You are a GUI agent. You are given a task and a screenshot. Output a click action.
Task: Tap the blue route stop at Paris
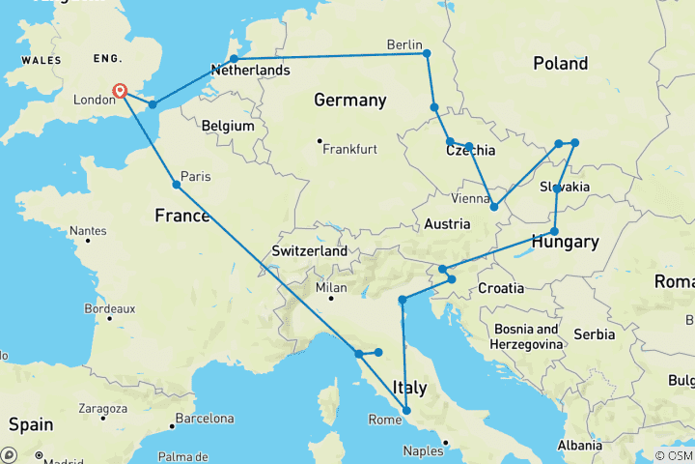pos(176,184)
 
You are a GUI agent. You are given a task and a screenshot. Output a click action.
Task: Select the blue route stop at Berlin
pos(427,53)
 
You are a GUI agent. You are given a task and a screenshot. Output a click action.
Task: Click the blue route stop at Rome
pos(406,411)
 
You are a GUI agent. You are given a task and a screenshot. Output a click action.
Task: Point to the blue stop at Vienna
pos(494,206)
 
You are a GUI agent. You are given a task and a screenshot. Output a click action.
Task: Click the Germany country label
pos(349,100)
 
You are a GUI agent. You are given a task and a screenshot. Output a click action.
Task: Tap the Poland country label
pos(560,64)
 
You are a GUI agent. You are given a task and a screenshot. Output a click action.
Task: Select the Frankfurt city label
pos(349,149)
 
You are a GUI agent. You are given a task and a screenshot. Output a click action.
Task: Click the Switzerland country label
pos(309,250)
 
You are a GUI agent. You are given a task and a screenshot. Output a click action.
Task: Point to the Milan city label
pos(331,288)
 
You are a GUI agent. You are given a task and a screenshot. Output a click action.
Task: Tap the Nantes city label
pos(88,232)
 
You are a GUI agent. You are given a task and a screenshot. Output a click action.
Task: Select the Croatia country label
pos(500,288)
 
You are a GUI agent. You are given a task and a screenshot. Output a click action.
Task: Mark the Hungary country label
pos(568,242)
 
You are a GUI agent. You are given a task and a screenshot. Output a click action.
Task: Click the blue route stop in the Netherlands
pos(234,59)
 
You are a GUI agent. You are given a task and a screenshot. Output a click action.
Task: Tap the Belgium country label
pos(228,126)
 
